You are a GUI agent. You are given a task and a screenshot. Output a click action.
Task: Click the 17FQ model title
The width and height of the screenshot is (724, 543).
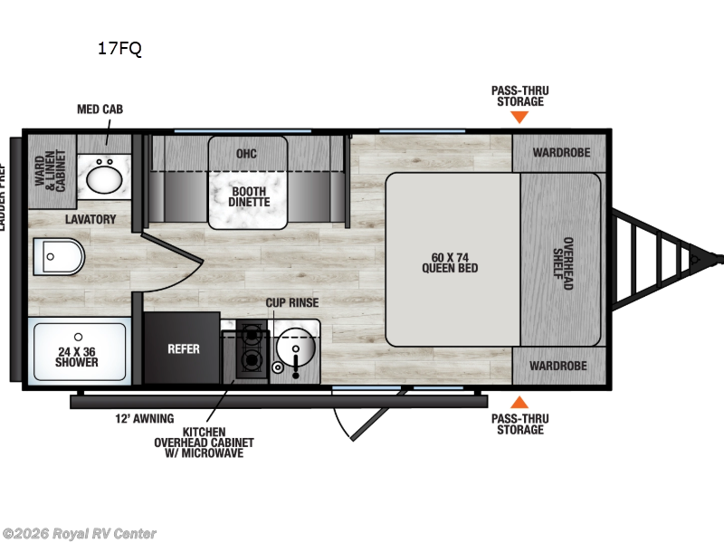click(x=119, y=49)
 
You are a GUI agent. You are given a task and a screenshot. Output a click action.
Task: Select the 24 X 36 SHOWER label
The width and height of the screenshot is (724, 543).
click(x=76, y=356)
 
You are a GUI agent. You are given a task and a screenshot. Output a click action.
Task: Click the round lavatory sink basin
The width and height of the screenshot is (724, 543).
click(x=107, y=176)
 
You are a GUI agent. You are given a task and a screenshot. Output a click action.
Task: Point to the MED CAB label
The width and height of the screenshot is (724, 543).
click(x=100, y=110)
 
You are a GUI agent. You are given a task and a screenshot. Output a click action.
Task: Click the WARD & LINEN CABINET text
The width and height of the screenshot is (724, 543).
click(x=51, y=163)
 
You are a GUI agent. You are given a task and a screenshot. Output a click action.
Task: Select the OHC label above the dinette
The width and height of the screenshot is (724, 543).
click(x=247, y=153)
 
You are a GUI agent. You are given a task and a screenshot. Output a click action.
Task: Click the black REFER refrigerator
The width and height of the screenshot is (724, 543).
click(x=183, y=348)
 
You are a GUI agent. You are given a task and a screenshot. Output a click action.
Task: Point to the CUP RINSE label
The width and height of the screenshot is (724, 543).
click(x=291, y=302)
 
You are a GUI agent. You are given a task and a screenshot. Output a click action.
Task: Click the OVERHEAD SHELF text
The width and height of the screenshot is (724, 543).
click(x=567, y=262)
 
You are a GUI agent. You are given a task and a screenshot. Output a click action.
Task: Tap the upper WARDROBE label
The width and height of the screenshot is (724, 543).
click(x=560, y=152)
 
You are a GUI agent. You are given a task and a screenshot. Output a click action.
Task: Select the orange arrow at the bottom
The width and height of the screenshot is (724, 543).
click(x=519, y=402)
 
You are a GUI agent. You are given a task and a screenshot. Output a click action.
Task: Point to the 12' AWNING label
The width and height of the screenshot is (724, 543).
click(x=138, y=419)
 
